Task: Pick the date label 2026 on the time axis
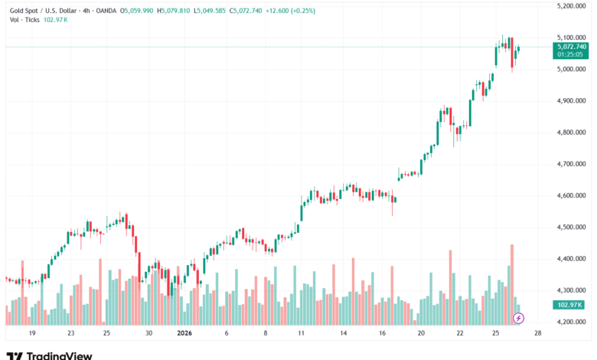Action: [184, 334]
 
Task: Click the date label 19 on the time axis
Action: [31, 334]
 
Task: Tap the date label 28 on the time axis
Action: [538, 334]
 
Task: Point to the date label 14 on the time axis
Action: [344, 334]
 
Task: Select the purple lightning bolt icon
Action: [518, 318]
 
